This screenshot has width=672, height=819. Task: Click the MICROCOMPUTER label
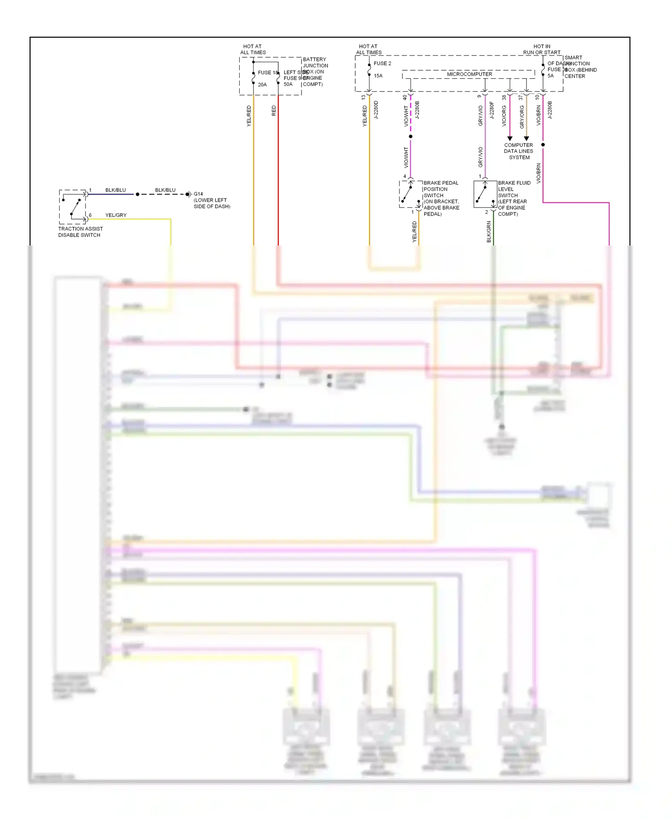pos(469,74)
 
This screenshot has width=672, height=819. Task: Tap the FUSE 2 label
pos(382,64)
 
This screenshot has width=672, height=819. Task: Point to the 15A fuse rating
pos(378,76)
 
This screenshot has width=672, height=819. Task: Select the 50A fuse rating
pos(288,84)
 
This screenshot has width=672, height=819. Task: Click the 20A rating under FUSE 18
pos(262,85)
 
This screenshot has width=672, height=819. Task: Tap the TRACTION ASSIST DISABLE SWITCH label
pos(80,232)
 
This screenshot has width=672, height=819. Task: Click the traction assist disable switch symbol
pos(73,207)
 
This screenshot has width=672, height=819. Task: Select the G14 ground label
pos(198,194)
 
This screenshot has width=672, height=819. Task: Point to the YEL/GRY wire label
pos(116,215)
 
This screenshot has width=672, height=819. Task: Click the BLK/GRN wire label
pos(489,232)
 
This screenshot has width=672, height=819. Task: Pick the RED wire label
pos(274,111)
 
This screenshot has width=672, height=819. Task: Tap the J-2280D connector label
pos(376,110)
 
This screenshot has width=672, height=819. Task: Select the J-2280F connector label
pos(491,110)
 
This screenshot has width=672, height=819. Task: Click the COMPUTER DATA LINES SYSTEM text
pos(518,151)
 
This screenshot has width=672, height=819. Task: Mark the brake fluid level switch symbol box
pos(485,194)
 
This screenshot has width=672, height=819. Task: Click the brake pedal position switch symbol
pos(410,194)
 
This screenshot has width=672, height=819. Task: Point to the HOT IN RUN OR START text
pos(542,49)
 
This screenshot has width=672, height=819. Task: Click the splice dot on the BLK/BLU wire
pos(138,194)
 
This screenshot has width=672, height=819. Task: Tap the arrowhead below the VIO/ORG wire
pos(509,138)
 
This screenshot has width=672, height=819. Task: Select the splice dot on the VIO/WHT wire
pos(410,136)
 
